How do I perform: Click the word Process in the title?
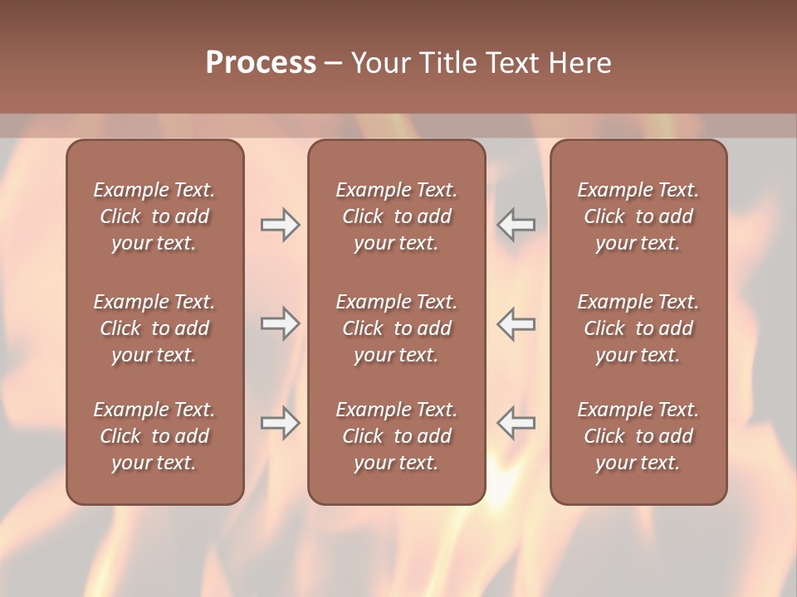261,63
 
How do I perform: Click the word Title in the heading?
443,63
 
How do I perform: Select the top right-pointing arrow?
281,225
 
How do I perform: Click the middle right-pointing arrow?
281,323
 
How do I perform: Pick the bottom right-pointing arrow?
281,423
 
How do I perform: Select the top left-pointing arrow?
516,225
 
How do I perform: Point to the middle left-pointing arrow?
516,323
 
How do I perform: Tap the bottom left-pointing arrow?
516,423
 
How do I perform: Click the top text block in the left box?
154,216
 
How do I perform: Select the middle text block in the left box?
154,328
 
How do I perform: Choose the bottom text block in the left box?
154,436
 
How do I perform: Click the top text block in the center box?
396,216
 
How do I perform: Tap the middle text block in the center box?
396,328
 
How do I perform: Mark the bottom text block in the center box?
396,436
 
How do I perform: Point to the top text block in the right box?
638,216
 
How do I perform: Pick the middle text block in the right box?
638,328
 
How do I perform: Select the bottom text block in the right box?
638,436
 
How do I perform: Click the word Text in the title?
511,63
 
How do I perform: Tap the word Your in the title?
378,63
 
